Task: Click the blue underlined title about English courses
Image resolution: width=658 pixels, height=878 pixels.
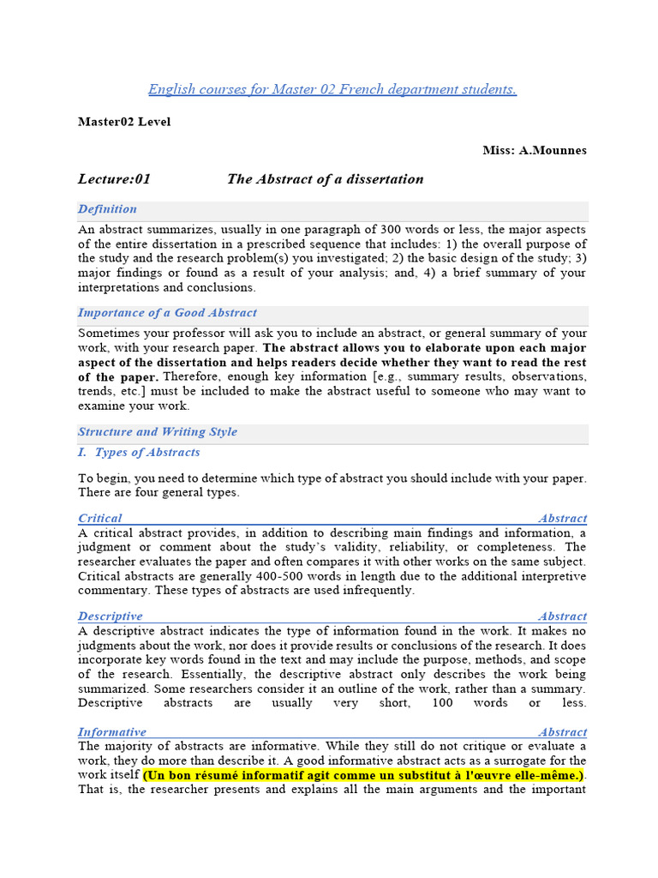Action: coord(332,90)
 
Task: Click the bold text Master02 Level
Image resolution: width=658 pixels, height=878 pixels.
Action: coord(124,122)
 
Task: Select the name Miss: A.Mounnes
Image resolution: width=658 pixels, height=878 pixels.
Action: coord(535,150)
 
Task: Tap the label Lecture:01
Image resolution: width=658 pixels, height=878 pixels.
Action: coord(114,179)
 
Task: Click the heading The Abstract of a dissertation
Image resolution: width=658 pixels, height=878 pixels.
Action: coord(325,179)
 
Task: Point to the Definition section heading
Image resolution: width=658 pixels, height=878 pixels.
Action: coord(107,209)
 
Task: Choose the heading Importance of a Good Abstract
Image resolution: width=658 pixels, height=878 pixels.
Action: coord(167,313)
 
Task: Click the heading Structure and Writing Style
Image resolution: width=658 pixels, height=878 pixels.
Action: coord(158,432)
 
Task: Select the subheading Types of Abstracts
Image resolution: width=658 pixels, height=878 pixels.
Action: coord(147,453)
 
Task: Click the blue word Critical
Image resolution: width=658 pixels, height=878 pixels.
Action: coord(100,518)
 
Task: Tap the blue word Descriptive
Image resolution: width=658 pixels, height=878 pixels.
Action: coord(111,616)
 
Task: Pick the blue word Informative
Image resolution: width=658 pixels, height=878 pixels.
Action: coord(112,732)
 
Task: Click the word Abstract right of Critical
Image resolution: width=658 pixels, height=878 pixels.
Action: coord(563,518)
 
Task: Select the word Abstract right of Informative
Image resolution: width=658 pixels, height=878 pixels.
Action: coord(563,732)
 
